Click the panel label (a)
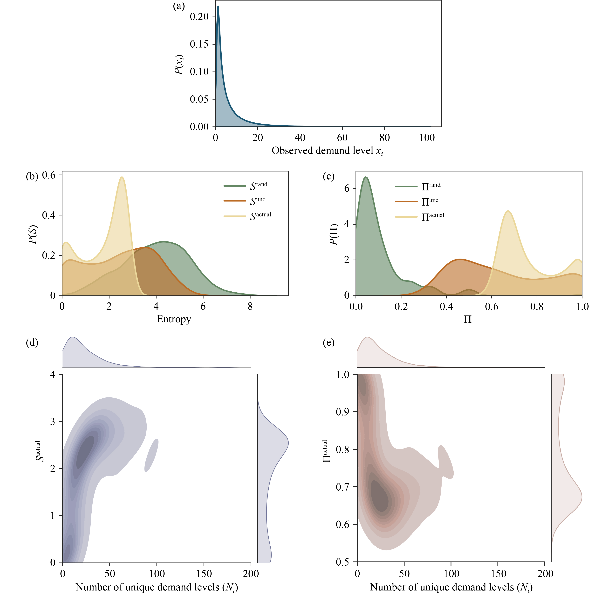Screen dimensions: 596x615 coord(179,6)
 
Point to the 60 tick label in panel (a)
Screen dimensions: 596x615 coord(342,138)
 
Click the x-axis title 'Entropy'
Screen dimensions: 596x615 coord(174,319)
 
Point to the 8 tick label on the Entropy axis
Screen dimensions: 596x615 coord(250,307)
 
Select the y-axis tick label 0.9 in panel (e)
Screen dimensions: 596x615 coord(343,412)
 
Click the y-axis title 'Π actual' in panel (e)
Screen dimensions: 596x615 coord(326,452)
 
